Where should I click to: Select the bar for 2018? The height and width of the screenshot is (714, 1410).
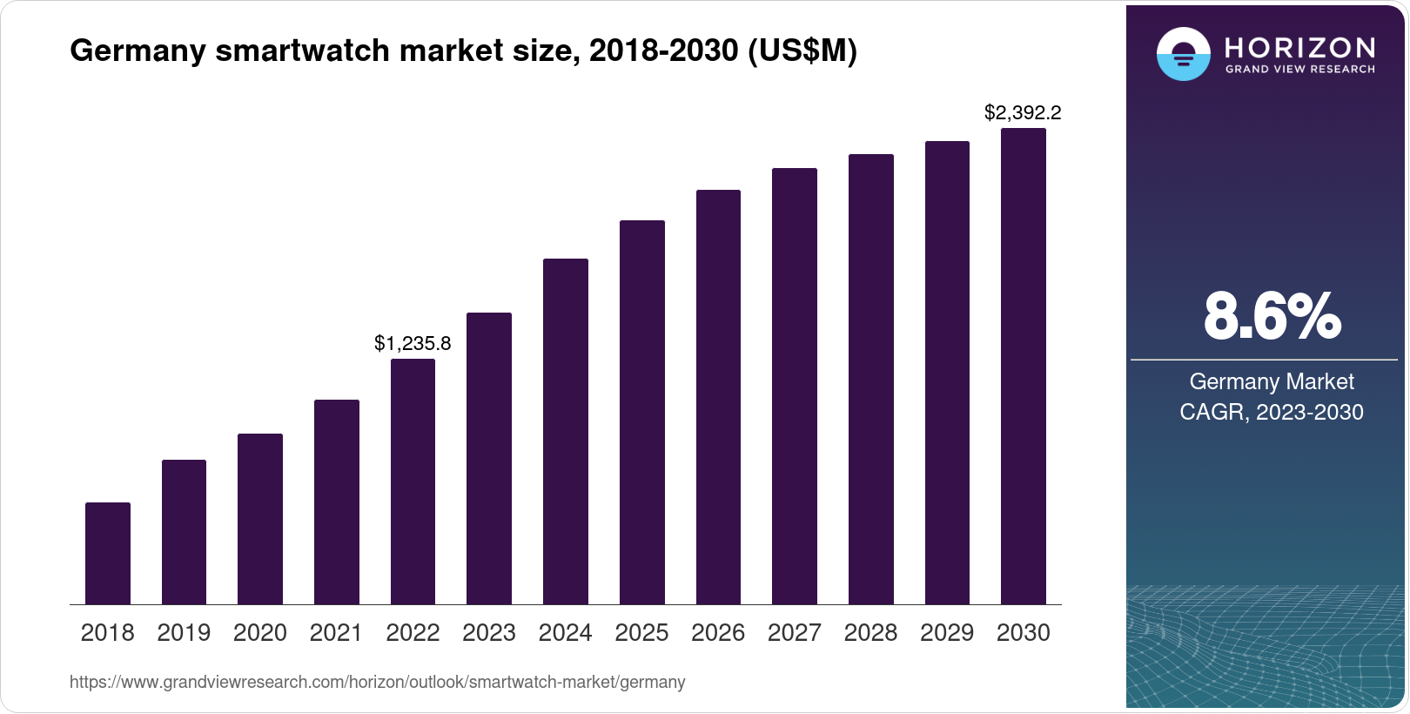(x=108, y=553)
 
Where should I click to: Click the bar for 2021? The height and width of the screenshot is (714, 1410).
(x=337, y=502)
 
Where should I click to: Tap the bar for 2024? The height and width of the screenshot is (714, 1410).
(x=566, y=431)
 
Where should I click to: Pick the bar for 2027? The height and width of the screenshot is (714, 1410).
(x=795, y=386)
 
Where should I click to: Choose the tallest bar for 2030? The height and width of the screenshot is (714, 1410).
(x=1024, y=366)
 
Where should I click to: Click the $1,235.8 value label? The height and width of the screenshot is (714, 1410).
(x=413, y=343)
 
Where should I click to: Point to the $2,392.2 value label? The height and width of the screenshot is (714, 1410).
(x=1023, y=112)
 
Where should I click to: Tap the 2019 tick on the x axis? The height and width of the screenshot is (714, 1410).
(x=184, y=632)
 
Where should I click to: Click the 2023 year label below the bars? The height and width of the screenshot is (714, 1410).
(x=489, y=632)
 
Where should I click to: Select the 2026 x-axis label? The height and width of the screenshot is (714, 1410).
(x=718, y=632)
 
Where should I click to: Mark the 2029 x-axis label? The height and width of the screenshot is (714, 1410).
(x=947, y=632)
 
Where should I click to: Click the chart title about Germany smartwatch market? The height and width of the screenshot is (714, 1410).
(x=463, y=51)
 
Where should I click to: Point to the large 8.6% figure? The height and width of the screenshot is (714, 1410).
(x=1272, y=316)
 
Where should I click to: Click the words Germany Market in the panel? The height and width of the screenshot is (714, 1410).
(x=1272, y=381)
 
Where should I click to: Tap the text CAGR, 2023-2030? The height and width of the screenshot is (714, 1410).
(x=1272, y=412)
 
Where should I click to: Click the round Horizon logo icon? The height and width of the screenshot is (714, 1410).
(x=1183, y=54)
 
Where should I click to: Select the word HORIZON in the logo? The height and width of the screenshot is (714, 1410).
(x=1300, y=47)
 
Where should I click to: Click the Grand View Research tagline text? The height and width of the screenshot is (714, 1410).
(x=1300, y=69)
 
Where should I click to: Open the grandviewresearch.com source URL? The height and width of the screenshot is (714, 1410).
(x=377, y=682)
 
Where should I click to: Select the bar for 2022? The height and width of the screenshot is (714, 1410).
(x=413, y=482)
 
